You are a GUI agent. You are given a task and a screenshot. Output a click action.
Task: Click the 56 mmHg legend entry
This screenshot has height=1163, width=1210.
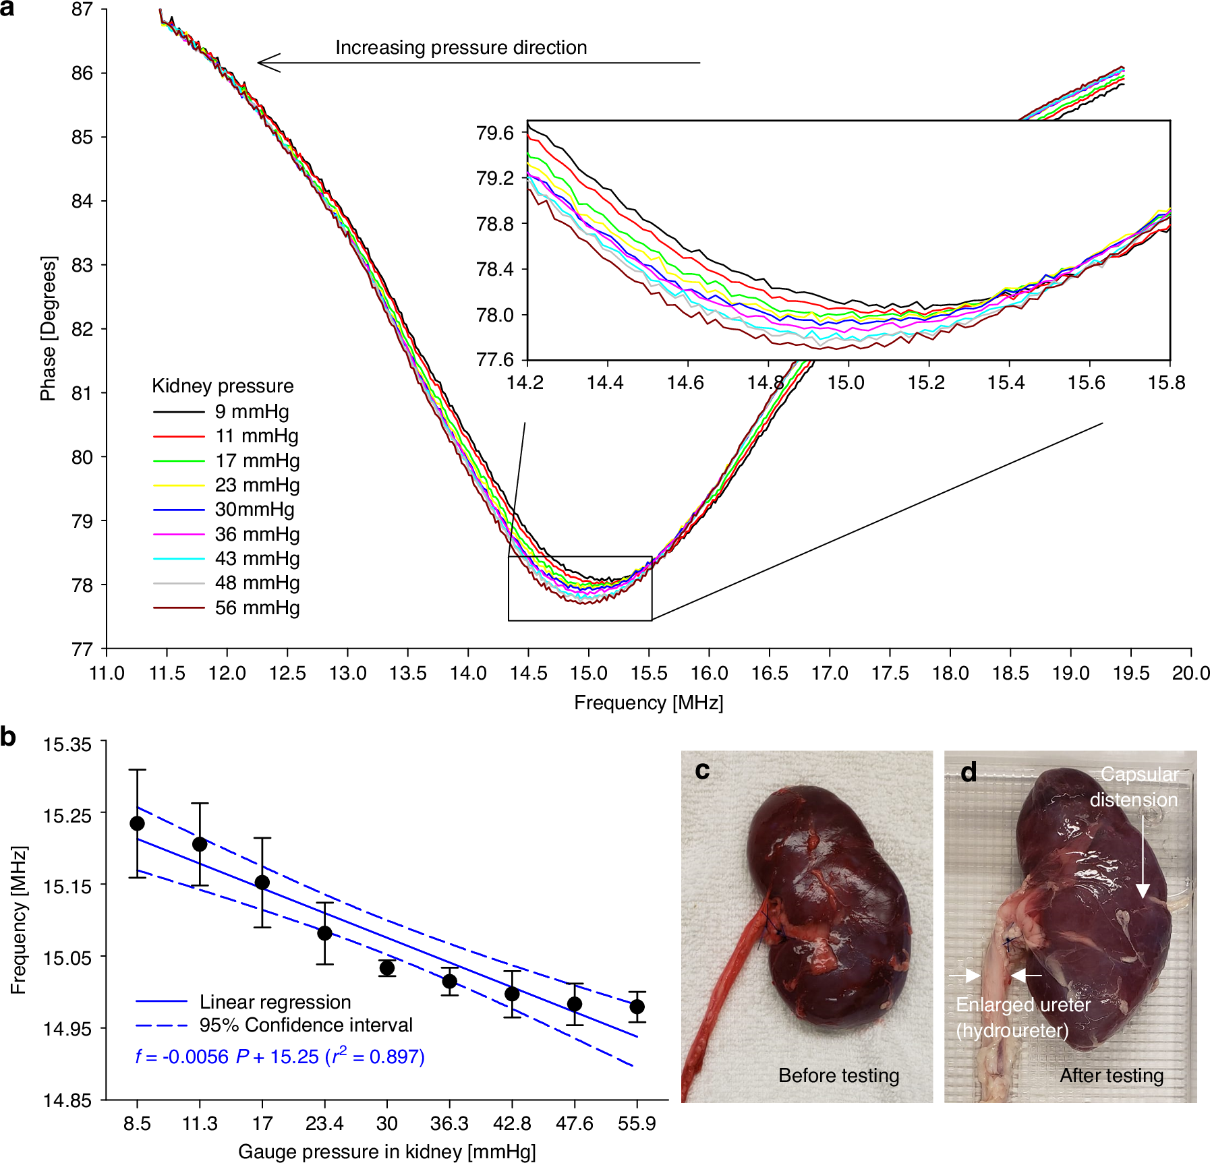[x=257, y=607]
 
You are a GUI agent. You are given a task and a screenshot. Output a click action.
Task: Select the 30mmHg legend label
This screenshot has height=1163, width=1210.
[x=254, y=509]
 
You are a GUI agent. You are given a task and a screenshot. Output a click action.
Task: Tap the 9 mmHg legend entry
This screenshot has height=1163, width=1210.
[x=252, y=411]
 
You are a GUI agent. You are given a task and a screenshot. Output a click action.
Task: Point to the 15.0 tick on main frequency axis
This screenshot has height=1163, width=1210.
[x=588, y=673]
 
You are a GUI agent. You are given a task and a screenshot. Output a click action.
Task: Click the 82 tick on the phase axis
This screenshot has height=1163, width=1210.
[x=82, y=329]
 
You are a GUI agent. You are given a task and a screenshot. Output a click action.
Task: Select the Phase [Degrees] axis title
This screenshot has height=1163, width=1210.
[x=48, y=328]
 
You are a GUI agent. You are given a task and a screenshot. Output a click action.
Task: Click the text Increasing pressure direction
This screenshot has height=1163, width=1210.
[x=461, y=47]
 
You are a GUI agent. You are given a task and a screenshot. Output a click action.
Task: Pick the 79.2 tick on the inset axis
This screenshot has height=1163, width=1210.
[x=495, y=178]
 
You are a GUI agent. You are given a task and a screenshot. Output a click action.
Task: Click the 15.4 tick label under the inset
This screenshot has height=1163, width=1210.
[x=1006, y=383]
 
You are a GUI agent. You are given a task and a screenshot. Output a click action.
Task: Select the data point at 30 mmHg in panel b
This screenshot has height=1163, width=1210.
[x=387, y=967]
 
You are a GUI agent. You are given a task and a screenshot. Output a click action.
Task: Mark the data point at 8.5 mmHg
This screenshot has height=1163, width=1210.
[x=138, y=823]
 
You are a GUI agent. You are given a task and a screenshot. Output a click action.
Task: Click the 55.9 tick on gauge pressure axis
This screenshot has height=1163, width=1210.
[x=637, y=1123]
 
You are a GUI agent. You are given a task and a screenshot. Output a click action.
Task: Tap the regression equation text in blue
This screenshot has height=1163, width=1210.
[x=280, y=1056]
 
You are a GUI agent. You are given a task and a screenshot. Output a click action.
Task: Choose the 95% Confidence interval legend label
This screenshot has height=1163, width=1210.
[x=306, y=1025]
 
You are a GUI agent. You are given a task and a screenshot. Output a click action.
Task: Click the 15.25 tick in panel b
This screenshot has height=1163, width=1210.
[x=67, y=816]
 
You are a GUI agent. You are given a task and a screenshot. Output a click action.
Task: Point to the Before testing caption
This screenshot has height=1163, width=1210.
[x=838, y=1075]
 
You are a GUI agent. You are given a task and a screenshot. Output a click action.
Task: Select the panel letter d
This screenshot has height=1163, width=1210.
[x=969, y=773]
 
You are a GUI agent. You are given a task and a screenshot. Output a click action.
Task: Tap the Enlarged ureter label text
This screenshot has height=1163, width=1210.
[x=1022, y=1005]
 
